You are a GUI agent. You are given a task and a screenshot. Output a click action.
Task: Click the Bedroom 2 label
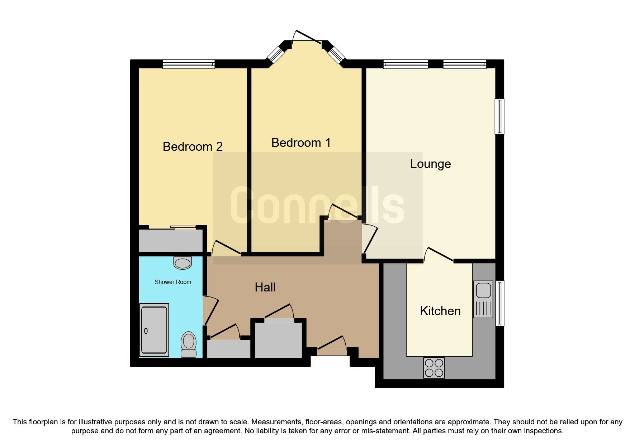tap(193, 146)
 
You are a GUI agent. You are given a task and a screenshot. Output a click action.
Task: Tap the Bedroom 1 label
tap(301, 143)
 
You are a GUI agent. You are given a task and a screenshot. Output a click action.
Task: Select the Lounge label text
tap(430, 164)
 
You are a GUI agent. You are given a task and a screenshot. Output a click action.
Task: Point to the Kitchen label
tap(440, 311)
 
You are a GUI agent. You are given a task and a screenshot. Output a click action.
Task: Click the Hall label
tap(265, 287)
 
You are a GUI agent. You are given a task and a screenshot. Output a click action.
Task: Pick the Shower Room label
tap(173, 282)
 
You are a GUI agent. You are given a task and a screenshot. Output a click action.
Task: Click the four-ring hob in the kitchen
tap(434, 368)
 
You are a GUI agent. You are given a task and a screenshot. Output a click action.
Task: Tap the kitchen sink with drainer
tap(483, 299)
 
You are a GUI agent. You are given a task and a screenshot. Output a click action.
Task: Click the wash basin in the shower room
tap(183, 263)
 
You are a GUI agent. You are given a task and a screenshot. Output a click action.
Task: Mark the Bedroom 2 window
tap(189, 64)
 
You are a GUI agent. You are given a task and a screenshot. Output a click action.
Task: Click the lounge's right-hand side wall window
tap(499, 116)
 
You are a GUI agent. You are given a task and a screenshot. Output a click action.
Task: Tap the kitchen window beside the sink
tap(500, 303)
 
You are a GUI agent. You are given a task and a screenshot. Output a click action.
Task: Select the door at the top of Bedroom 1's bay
tap(307, 37)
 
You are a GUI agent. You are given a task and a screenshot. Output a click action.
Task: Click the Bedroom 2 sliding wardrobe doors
tap(172, 227)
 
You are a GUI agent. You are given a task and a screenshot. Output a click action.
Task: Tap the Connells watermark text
tap(317, 205)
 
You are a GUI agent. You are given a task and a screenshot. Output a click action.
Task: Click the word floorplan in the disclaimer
tap(48, 422)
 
